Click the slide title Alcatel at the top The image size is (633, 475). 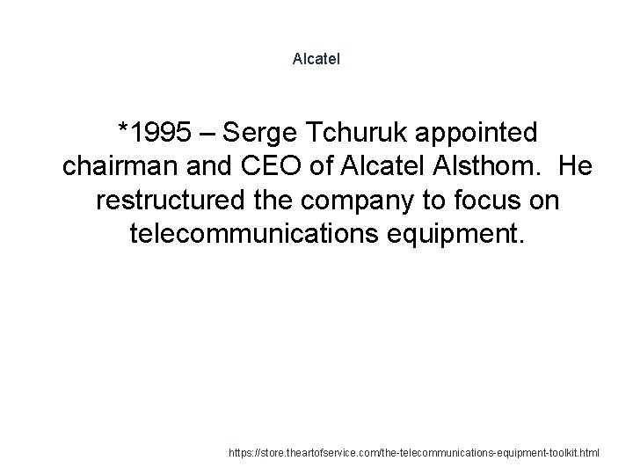coord(316,60)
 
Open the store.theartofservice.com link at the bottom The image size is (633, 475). coord(412,453)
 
